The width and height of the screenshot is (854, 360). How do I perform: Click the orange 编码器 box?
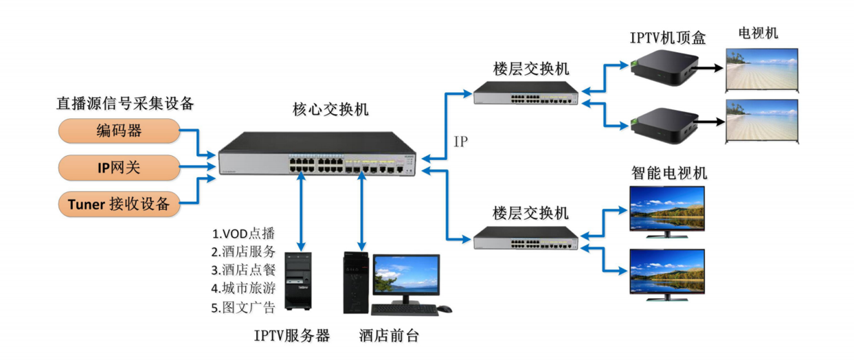(x=120, y=131)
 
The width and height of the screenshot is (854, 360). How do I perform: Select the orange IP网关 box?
(x=120, y=167)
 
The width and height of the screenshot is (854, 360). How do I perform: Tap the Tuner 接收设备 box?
(x=120, y=203)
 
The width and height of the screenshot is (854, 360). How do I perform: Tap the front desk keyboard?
(x=403, y=310)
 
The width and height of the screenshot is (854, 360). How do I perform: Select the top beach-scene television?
(x=762, y=69)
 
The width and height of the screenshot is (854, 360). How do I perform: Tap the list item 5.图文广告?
(x=243, y=306)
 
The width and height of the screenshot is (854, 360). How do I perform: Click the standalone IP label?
(x=461, y=142)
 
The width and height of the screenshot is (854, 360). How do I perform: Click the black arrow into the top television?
(x=708, y=67)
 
